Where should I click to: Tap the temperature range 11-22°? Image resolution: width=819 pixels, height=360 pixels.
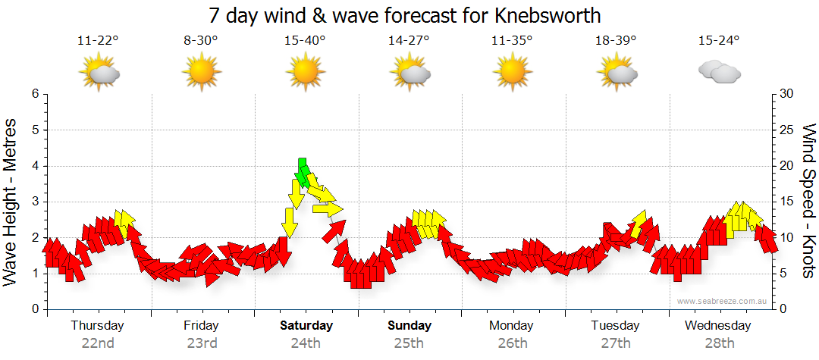pos(99,41)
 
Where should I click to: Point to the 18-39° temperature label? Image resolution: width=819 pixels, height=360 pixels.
pos(616,41)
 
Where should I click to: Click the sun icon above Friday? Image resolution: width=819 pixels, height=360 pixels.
pos(202,74)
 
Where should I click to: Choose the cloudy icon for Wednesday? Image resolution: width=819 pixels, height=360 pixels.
pos(719,72)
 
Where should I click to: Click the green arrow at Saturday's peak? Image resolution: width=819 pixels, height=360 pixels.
pos(303,173)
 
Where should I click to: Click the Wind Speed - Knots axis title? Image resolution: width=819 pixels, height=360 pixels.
pos(808,201)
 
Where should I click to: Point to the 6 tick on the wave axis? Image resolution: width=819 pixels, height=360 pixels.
pos(35,94)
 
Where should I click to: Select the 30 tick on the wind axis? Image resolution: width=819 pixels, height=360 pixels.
pos(787,94)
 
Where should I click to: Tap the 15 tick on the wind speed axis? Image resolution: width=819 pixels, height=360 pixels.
pos(787,202)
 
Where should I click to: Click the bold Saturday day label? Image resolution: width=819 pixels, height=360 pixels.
pos(306,326)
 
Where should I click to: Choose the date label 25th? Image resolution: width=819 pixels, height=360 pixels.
pos(409,343)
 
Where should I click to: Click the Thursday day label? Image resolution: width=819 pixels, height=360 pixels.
pos(97,326)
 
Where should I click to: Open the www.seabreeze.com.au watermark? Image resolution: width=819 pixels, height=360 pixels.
pos(723,301)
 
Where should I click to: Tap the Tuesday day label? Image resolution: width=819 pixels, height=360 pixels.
pos(615,326)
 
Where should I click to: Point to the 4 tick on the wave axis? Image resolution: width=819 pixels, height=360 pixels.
pos(35,166)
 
